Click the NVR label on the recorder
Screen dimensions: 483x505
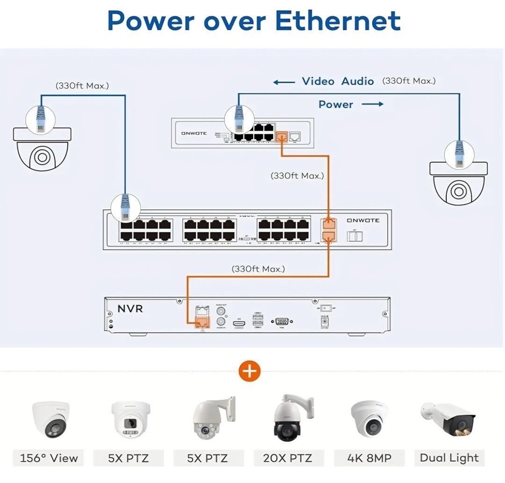[x=130, y=309]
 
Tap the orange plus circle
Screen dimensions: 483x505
[x=250, y=371]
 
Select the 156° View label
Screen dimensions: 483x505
[x=49, y=458]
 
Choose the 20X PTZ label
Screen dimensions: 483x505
[x=288, y=458]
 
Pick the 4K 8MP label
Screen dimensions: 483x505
[x=368, y=458]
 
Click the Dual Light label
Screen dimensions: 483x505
[x=449, y=458]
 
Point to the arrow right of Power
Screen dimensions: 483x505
[x=372, y=104]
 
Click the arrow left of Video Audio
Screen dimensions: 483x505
[x=284, y=82]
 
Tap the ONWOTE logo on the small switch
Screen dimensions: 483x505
[x=194, y=134]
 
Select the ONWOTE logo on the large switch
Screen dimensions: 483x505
[x=363, y=220]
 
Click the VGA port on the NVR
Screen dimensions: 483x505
[x=281, y=322]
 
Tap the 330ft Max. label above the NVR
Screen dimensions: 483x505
[x=258, y=269]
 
